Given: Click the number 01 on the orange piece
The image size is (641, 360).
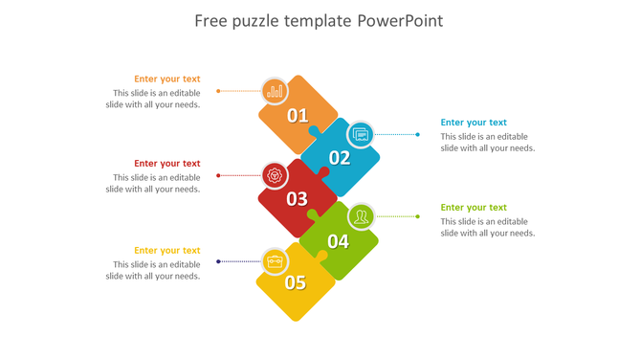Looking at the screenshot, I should (x=298, y=116).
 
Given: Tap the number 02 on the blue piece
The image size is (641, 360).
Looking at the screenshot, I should (x=340, y=158).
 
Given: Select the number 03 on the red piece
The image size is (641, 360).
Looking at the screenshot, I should (x=297, y=199).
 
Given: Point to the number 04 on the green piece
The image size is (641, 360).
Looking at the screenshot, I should (x=339, y=241).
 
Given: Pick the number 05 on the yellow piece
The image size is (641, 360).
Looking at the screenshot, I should (x=296, y=282).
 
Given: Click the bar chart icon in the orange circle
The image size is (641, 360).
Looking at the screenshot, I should (x=276, y=91).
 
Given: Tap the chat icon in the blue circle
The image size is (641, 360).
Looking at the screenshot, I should (x=361, y=134).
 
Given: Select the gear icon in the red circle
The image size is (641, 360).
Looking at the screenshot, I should (x=276, y=175).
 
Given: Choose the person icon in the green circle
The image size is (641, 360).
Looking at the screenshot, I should (x=361, y=217).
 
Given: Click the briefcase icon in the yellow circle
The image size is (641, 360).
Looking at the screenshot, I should (x=275, y=260).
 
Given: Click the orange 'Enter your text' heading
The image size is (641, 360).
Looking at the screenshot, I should (x=167, y=79).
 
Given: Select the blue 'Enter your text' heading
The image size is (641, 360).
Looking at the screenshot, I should (x=474, y=123).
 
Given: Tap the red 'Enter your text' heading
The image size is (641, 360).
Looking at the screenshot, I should (x=167, y=164).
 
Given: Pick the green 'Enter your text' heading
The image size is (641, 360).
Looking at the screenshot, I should (x=474, y=208).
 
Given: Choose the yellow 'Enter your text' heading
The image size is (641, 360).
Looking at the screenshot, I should (x=167, y=251).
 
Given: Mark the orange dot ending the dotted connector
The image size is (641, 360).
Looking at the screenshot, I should (x=218, y=91).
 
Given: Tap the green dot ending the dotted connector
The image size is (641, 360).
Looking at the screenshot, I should (x=418, y=216).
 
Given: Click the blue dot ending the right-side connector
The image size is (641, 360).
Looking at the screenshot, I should (x=418, y=134).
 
